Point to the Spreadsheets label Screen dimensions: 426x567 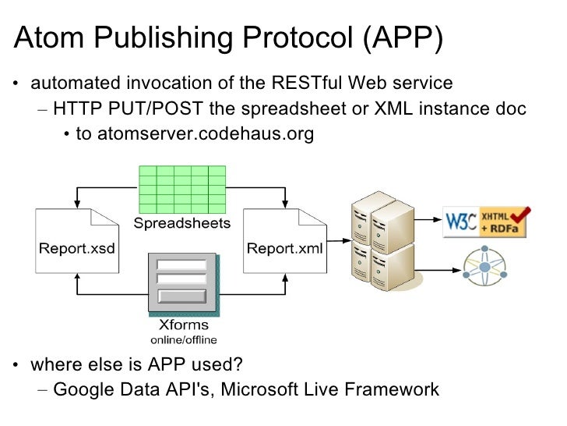tap(183, 224)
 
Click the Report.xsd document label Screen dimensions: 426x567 tap(77, 250)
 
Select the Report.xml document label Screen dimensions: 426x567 tap(284, 250)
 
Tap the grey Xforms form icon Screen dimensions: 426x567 tap(182, 282)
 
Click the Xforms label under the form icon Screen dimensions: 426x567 tap(183, 325)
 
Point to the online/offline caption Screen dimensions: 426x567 tap(183, 339)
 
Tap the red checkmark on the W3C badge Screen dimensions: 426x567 tap(519, 212)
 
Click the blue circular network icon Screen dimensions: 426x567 tap(486, 268)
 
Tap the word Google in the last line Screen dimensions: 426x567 tap(83, 389)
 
